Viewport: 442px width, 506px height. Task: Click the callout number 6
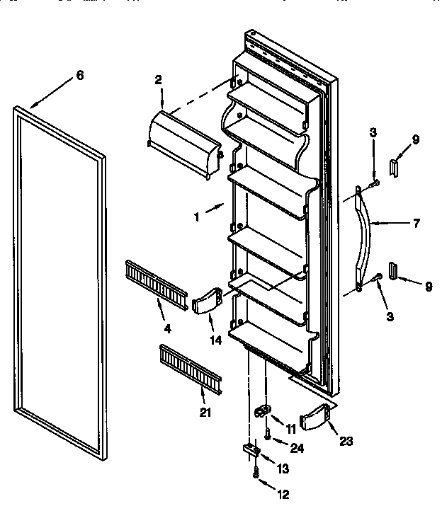point(79,76)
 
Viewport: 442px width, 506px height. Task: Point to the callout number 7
point(416,223)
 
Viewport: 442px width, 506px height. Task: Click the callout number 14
point(215,340)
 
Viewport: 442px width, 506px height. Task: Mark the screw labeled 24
point(268,436)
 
